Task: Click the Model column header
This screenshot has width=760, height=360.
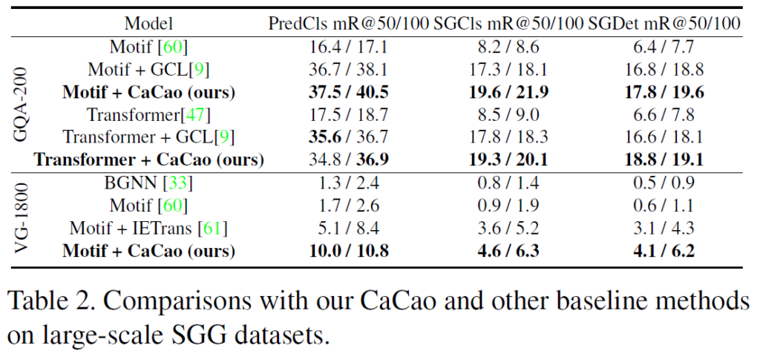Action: point(148,24)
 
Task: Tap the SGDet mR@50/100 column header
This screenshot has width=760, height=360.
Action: point(664,24)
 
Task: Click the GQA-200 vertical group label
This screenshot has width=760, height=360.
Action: point(22,104)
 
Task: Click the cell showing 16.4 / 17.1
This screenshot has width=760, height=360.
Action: point(348,48)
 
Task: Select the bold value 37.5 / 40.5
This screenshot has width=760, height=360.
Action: point(348,93)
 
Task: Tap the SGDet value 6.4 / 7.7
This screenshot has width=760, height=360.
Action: point(666,48)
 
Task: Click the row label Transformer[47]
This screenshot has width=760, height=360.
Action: point(148,115)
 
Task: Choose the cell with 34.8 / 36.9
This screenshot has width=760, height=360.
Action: point(348,160)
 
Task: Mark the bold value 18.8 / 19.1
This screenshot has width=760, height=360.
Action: point(666,160)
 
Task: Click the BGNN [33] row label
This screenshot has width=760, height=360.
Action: point(148,183)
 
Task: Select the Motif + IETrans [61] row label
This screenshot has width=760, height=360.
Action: point(148,228)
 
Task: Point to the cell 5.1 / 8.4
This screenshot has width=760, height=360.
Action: point(348,228)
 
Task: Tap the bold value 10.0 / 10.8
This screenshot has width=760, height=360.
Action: point(348,251)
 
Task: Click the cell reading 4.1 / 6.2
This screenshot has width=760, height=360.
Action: point(666,251)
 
